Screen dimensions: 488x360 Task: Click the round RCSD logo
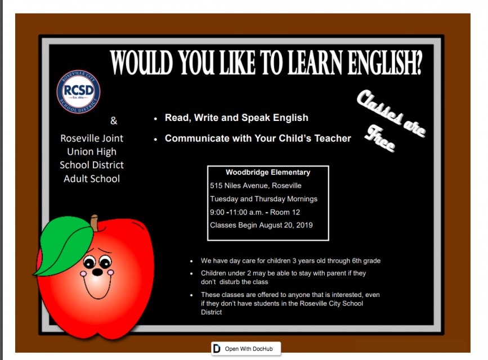coord(78,92)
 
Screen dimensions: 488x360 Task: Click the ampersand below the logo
coord(114,120)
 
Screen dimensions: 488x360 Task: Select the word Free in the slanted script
coord(380,138)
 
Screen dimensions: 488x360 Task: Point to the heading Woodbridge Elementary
coord(268,172)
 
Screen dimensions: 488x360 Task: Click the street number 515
coord(216,186)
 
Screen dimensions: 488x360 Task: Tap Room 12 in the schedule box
coord(285,212)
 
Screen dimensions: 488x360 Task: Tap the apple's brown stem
coord(95,223)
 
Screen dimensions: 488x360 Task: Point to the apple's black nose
coord(97,272)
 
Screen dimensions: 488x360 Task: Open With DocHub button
coord(246,349)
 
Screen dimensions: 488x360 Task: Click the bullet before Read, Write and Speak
coord(155,119)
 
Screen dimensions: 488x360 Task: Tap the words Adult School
coord(92,179)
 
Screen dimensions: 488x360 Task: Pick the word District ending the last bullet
coord(211,312)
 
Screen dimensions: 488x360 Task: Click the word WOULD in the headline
coord(141,62)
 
